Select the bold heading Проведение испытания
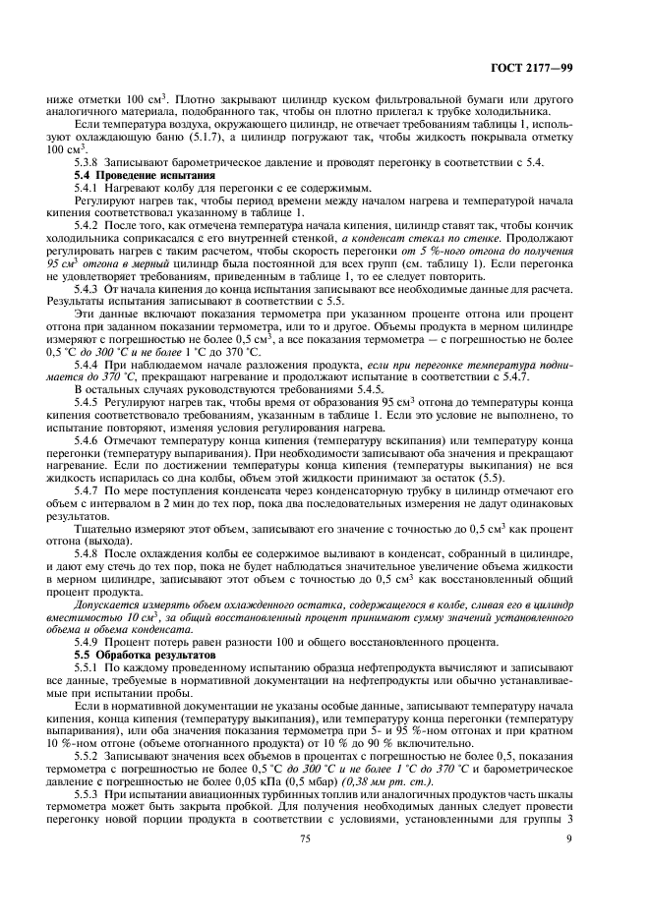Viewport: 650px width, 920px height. click(133, 173)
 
